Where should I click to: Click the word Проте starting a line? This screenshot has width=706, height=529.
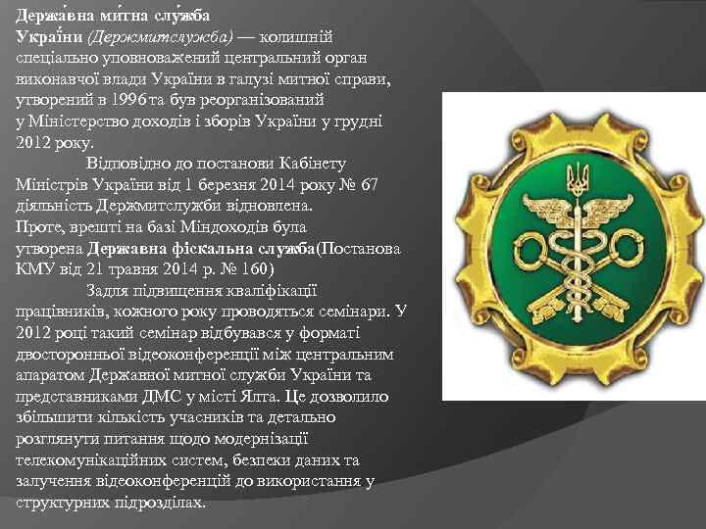pyautogui.click(x=37, y=227)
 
